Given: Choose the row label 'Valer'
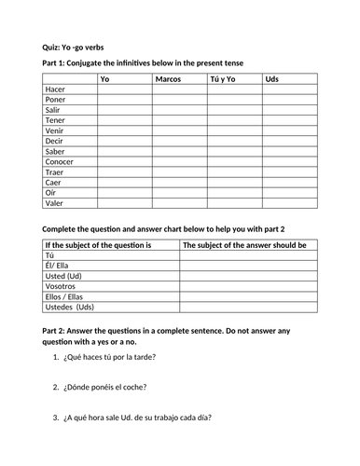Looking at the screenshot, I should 55,201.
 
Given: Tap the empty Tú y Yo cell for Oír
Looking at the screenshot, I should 235,191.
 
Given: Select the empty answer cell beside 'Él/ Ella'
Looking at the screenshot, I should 248,265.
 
